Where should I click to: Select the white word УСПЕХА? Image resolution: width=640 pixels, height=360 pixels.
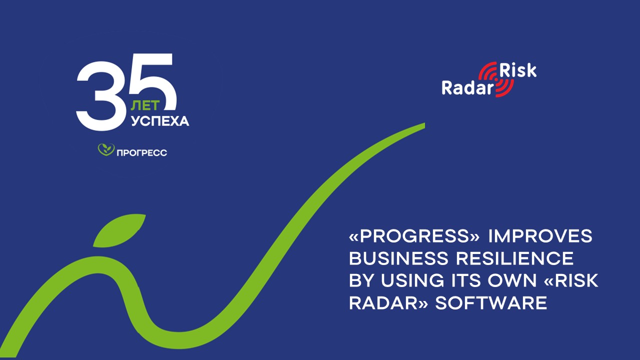click(160, 121)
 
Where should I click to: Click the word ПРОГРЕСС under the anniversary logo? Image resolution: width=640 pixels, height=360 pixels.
click(141, 152)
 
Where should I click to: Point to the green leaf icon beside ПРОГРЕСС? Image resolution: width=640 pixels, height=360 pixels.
click(105, 149)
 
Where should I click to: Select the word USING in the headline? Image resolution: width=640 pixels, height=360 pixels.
click(412, 281)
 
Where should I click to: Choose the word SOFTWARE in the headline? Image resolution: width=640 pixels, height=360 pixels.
click(491, 303)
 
